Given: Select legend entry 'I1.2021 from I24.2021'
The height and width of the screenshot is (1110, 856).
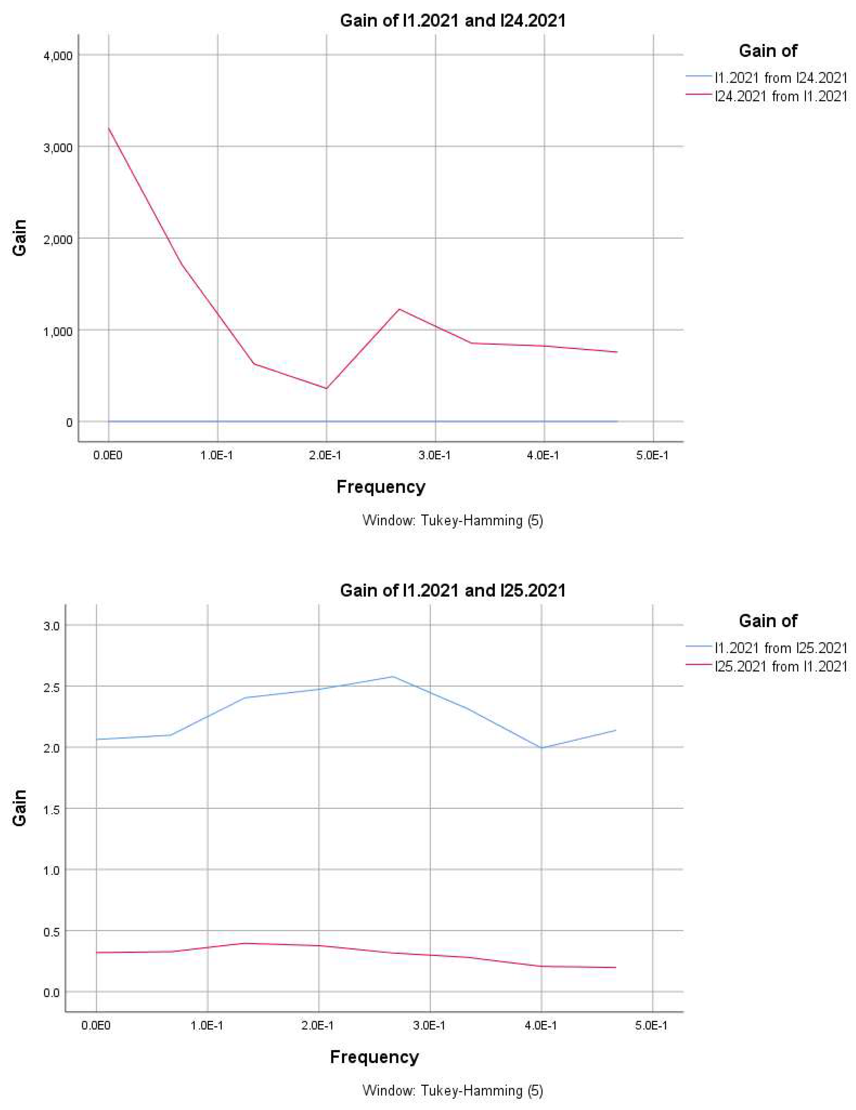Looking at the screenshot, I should coord(781,78).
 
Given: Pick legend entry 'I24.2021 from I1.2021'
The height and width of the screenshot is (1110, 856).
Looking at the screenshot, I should coord(781,96).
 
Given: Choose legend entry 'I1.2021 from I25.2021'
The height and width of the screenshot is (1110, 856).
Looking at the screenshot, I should coord(781,648).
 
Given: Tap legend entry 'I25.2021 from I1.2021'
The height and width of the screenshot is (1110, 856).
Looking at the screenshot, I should coord(781,666).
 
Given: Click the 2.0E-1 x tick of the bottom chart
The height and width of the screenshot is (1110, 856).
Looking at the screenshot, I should coord(319,1026).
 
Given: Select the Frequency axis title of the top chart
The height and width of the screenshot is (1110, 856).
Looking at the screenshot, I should coord(381,487).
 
